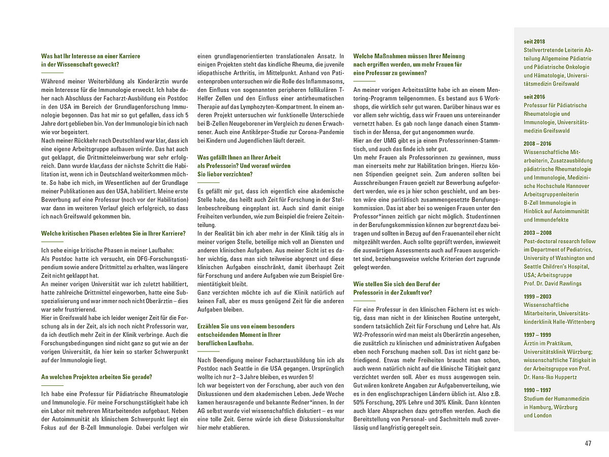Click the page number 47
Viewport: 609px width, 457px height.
[x=588, y=443]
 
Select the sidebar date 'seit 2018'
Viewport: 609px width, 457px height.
[x=534, y=42]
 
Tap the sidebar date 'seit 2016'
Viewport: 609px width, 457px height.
[x=534, y=96]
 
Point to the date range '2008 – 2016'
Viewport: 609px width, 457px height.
[x=537, y=144]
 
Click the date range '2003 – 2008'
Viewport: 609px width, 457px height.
[x=537, y=233]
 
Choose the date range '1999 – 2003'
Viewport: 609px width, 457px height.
[x=537, y=297]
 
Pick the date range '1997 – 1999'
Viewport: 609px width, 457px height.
[x=537, y=335]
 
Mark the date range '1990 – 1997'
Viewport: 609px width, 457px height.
[x=537, y=390]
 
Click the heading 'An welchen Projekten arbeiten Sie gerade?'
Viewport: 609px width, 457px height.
[x=96, y=377]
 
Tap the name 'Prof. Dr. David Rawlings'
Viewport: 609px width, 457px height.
[x=552, y=283]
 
